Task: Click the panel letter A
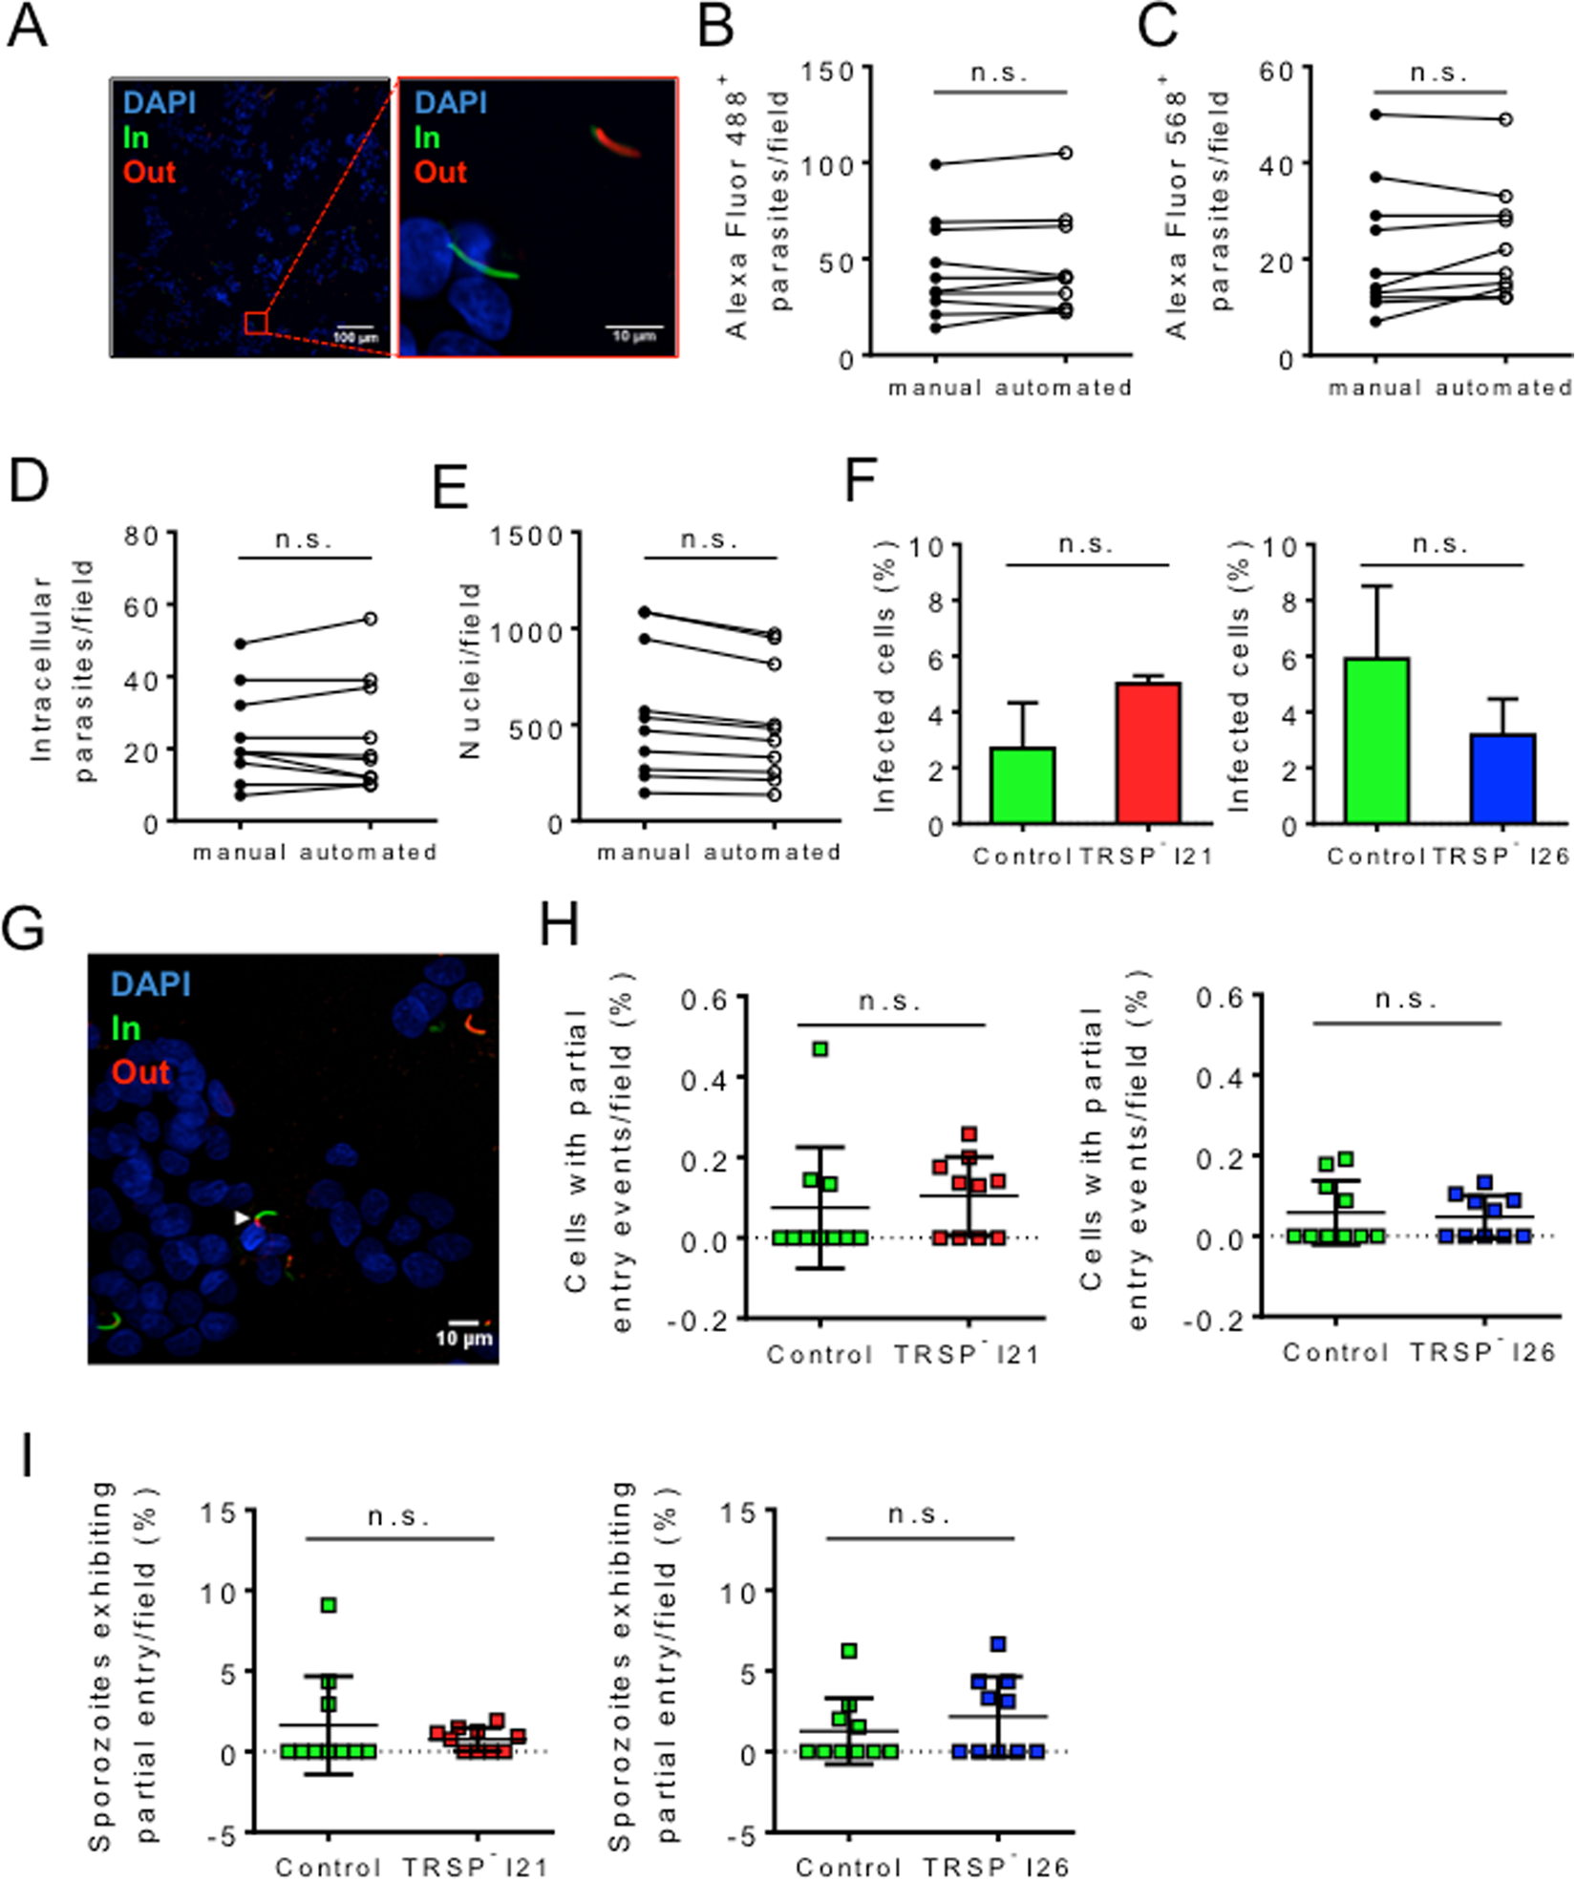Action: [x=27, y=27]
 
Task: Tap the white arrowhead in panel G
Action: [x=242, y=1217]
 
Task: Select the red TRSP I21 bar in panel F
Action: [x=1148, y=752]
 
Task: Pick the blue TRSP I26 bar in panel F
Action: [x=1502, y=778]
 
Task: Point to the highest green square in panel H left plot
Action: [x=820, y=1049]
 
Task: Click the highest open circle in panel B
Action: [x=1066, y=153]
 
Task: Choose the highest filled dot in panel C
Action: [x=1375, y=115]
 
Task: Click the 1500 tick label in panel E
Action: [x=527, y=537]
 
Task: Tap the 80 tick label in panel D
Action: [x=141, y=537]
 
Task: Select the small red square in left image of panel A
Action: [x=255, y=323]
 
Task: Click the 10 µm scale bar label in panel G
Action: [x=464, y=1339]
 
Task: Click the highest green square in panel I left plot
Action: [x=329, y=1605]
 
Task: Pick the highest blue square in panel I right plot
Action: [x=998, y=1644]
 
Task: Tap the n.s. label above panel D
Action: [x=304, y=540]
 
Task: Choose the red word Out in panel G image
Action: [x=140, y=1071]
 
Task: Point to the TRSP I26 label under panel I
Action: [x=995, y=1867]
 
